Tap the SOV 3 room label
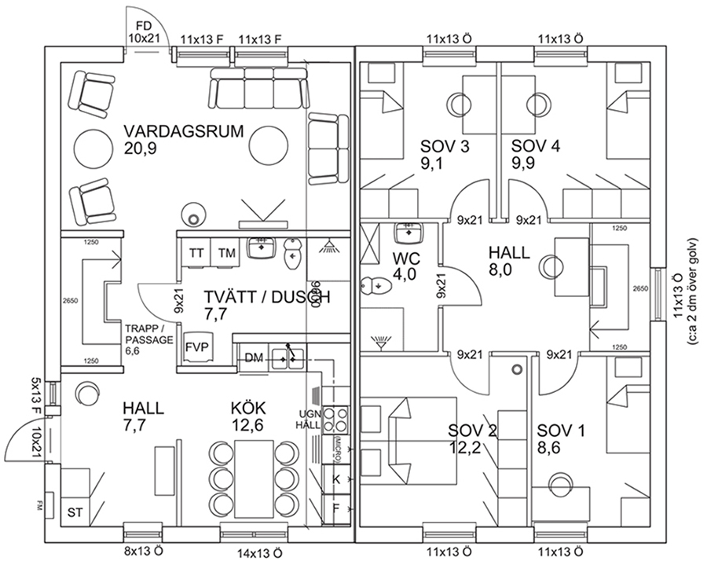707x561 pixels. point(445,146)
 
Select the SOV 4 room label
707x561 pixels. point(535,146)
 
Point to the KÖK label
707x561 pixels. point(248,409)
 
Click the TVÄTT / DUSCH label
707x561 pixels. point(266,297)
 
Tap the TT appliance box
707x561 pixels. point(196,253)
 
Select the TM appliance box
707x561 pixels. point(226,253)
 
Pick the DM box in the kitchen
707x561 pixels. point(253,357)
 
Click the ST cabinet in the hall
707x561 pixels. point(75,512)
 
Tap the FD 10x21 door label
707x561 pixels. point(144,31)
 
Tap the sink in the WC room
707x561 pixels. point(408,233)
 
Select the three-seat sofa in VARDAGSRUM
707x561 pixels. point(256,89)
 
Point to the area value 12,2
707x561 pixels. point(463,448)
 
